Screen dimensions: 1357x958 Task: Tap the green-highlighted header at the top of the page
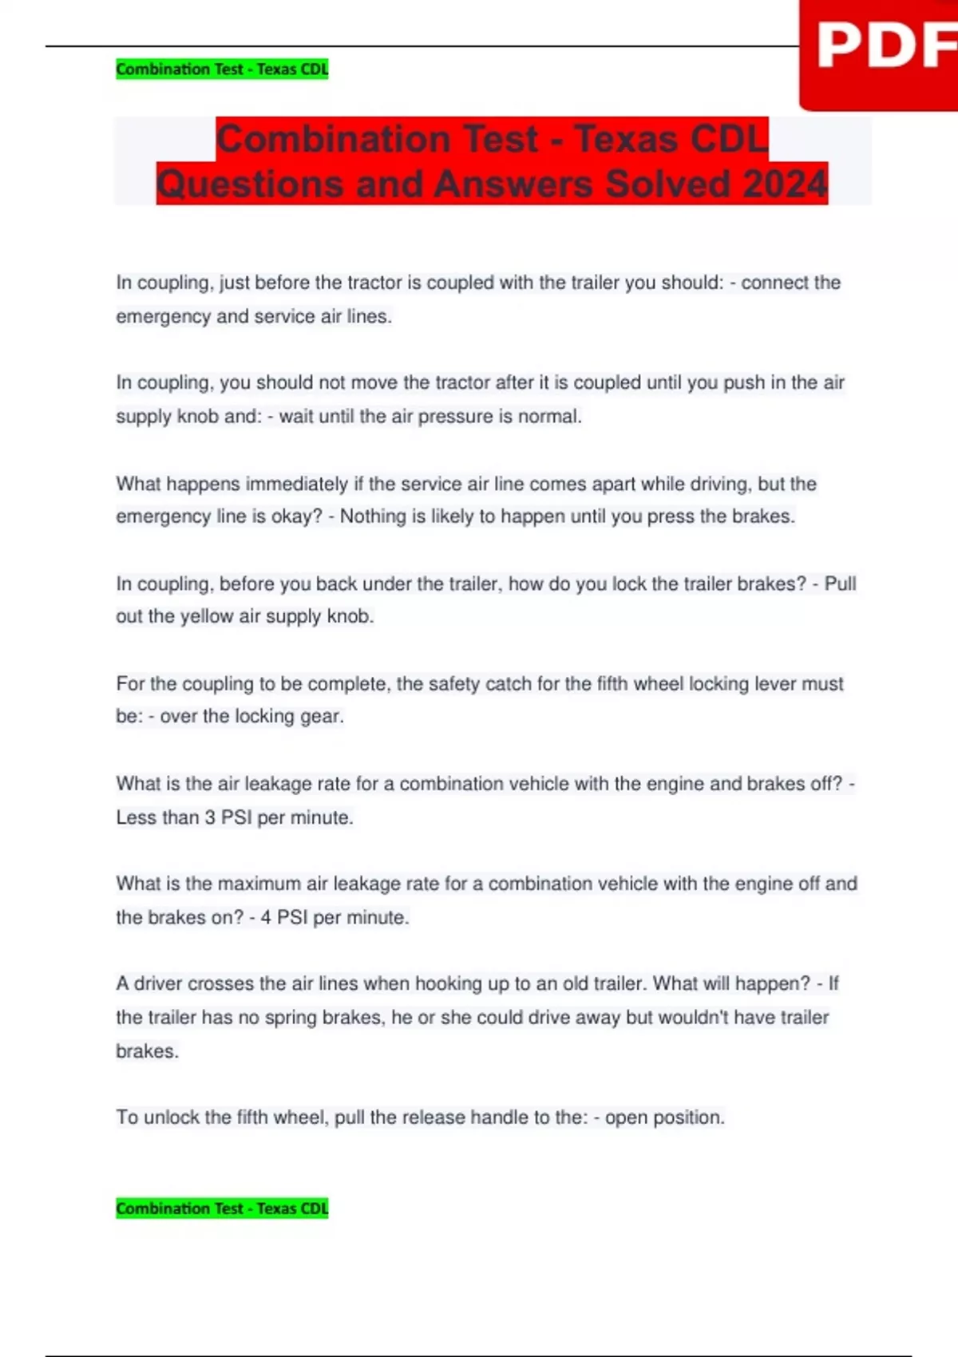(222, 69)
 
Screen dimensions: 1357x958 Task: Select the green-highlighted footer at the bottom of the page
(222, 1209)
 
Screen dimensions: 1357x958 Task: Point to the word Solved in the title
(667, 184)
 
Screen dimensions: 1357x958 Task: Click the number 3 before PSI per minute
(209, 817)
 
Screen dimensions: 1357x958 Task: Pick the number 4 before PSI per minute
(266, 917)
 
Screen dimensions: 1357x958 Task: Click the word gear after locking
(321, 716)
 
